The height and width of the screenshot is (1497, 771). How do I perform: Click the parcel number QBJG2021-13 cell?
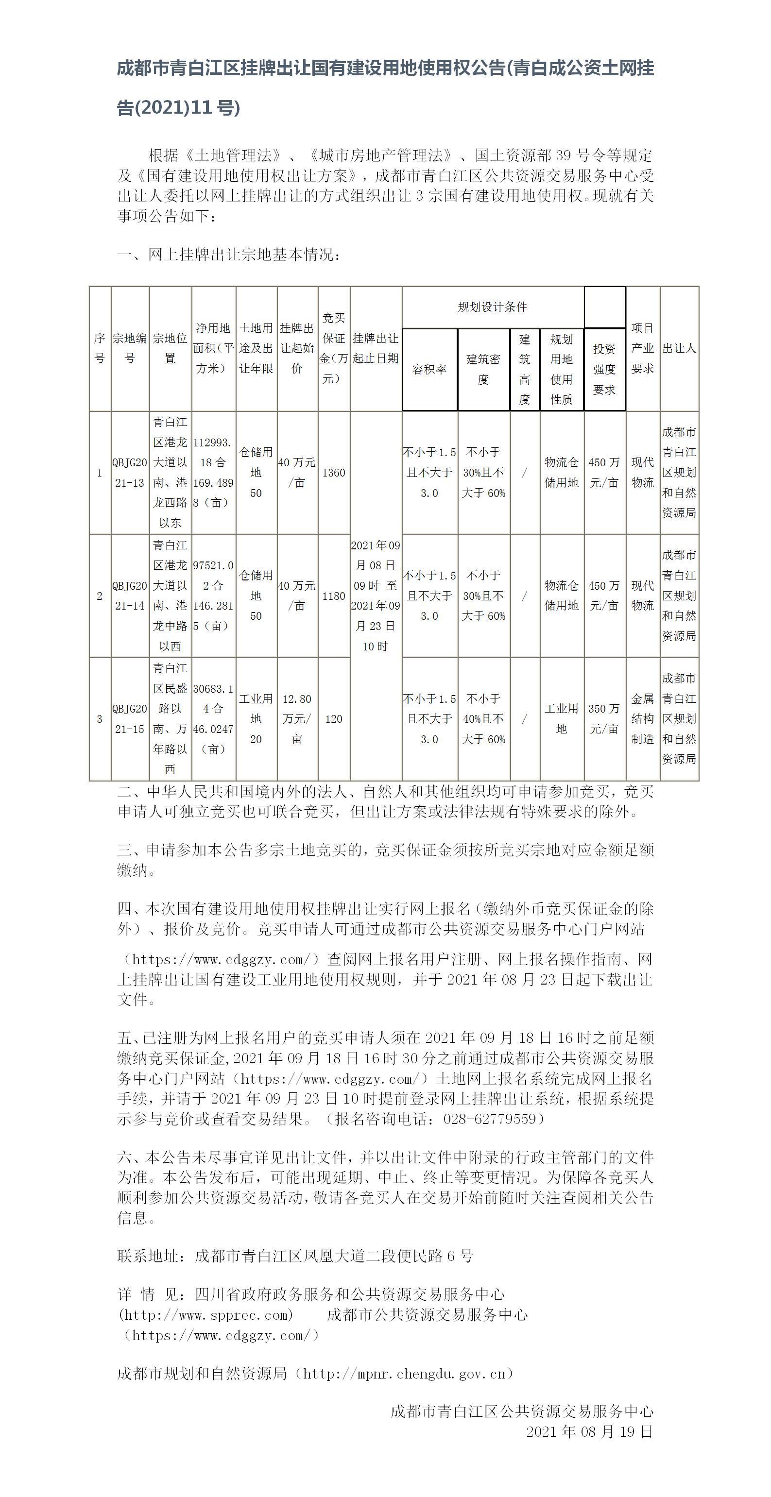130,473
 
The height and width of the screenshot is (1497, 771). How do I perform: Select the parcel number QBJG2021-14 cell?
130,595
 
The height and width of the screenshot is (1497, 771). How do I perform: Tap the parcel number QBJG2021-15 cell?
130,719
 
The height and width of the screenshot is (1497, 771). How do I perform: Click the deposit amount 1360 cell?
334,473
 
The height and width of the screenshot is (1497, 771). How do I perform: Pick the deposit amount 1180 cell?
334,595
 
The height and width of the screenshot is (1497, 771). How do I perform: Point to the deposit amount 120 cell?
334,719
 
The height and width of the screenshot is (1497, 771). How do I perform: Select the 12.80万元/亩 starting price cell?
297,719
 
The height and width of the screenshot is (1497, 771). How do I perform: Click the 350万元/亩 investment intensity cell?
604,718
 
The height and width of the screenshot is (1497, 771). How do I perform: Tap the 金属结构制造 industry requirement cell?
642,719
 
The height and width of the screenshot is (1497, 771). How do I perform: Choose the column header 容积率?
429,369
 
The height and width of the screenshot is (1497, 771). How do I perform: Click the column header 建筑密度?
483,369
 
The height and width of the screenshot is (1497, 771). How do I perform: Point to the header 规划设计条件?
492,307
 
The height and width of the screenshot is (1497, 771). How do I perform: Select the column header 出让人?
679,348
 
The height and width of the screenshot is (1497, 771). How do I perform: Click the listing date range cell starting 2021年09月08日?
375,595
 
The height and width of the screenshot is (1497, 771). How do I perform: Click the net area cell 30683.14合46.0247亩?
213,719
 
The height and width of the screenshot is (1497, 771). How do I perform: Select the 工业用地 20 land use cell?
256,719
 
